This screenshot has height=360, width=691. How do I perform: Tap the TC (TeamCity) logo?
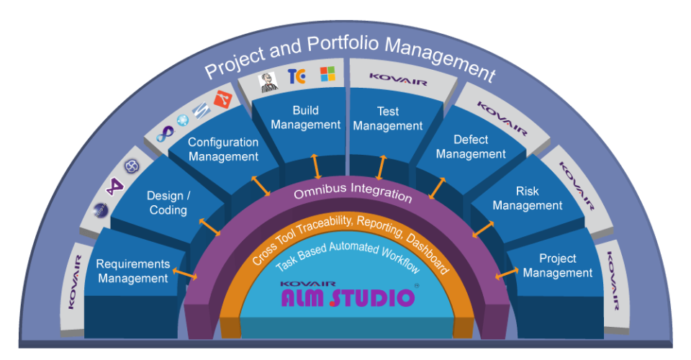click(x=297, y=76)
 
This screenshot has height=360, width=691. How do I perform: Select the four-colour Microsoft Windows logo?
click(x=328, y=74)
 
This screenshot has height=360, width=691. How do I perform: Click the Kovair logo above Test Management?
click(x=398, y=76)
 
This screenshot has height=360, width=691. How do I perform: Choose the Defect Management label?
click(x=471, y=147)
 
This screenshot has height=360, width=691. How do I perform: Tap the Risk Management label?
click(x=528, y=199)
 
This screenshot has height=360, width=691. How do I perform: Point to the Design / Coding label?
click(x=168, y=202)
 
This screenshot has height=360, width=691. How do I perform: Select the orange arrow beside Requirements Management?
click(x=186, y=276)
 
